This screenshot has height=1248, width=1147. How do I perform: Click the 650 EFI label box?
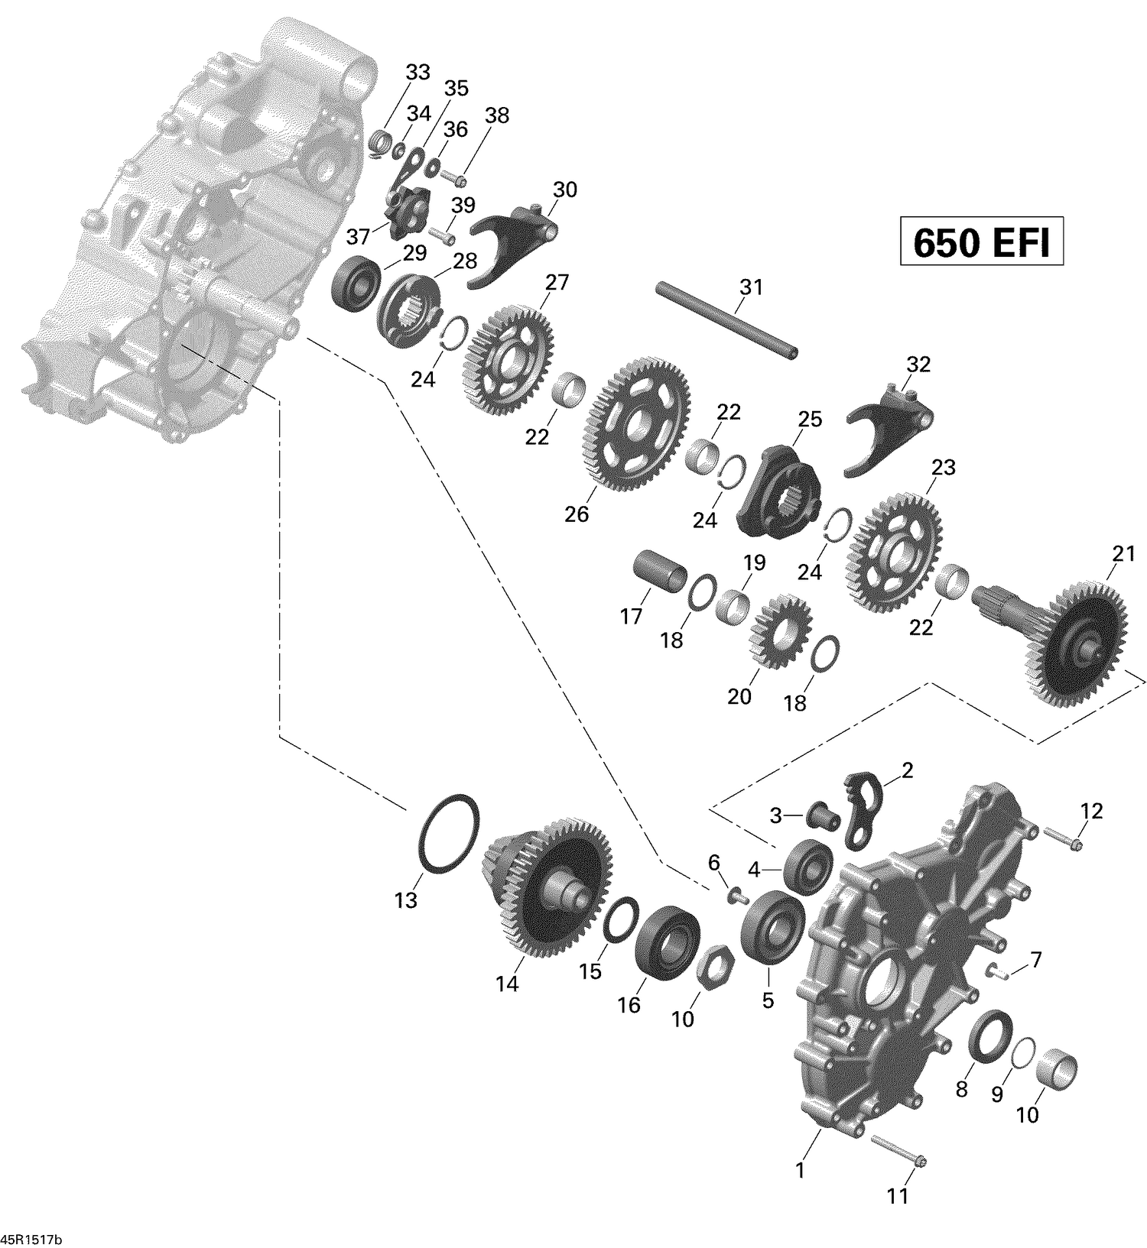982,242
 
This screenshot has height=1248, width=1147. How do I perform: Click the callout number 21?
1123,554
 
